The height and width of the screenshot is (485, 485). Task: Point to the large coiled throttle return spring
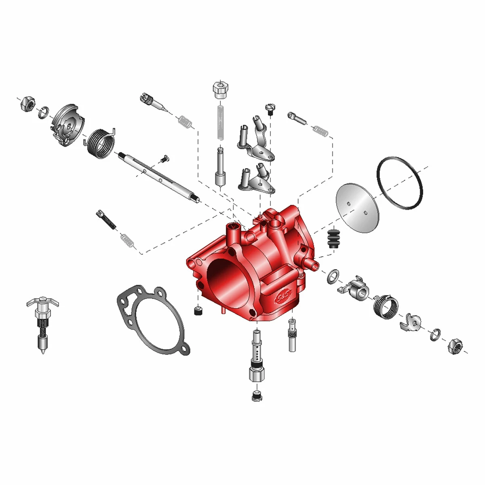[x=101, y=143]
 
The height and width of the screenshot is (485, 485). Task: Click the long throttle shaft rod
[x=159, y=177]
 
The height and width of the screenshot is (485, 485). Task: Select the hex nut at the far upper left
[x=28, y=104]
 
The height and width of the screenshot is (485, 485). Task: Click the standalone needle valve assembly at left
[x=42, y=324]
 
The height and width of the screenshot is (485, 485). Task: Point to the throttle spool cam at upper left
[x=68, y=125]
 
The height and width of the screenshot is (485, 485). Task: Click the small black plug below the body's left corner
[x=198, y=311]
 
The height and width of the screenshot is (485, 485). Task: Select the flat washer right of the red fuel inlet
[x=333, y=276]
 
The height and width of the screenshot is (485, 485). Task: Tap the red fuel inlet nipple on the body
[x=312, y=264]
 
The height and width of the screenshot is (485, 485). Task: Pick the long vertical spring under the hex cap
[x=221, y=122]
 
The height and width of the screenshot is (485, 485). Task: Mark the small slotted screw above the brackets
[x=270, y=109]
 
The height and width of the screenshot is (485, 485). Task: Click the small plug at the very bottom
[x=257, y=396]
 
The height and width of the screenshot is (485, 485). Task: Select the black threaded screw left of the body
[x=106, y=220]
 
